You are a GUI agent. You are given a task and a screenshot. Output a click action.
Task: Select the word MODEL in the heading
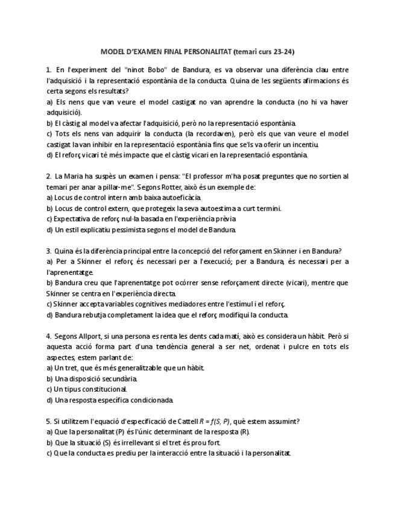click(112, 52)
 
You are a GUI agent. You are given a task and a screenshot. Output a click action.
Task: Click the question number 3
click(48, 251)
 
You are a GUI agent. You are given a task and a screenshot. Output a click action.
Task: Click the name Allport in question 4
click(86, 336)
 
